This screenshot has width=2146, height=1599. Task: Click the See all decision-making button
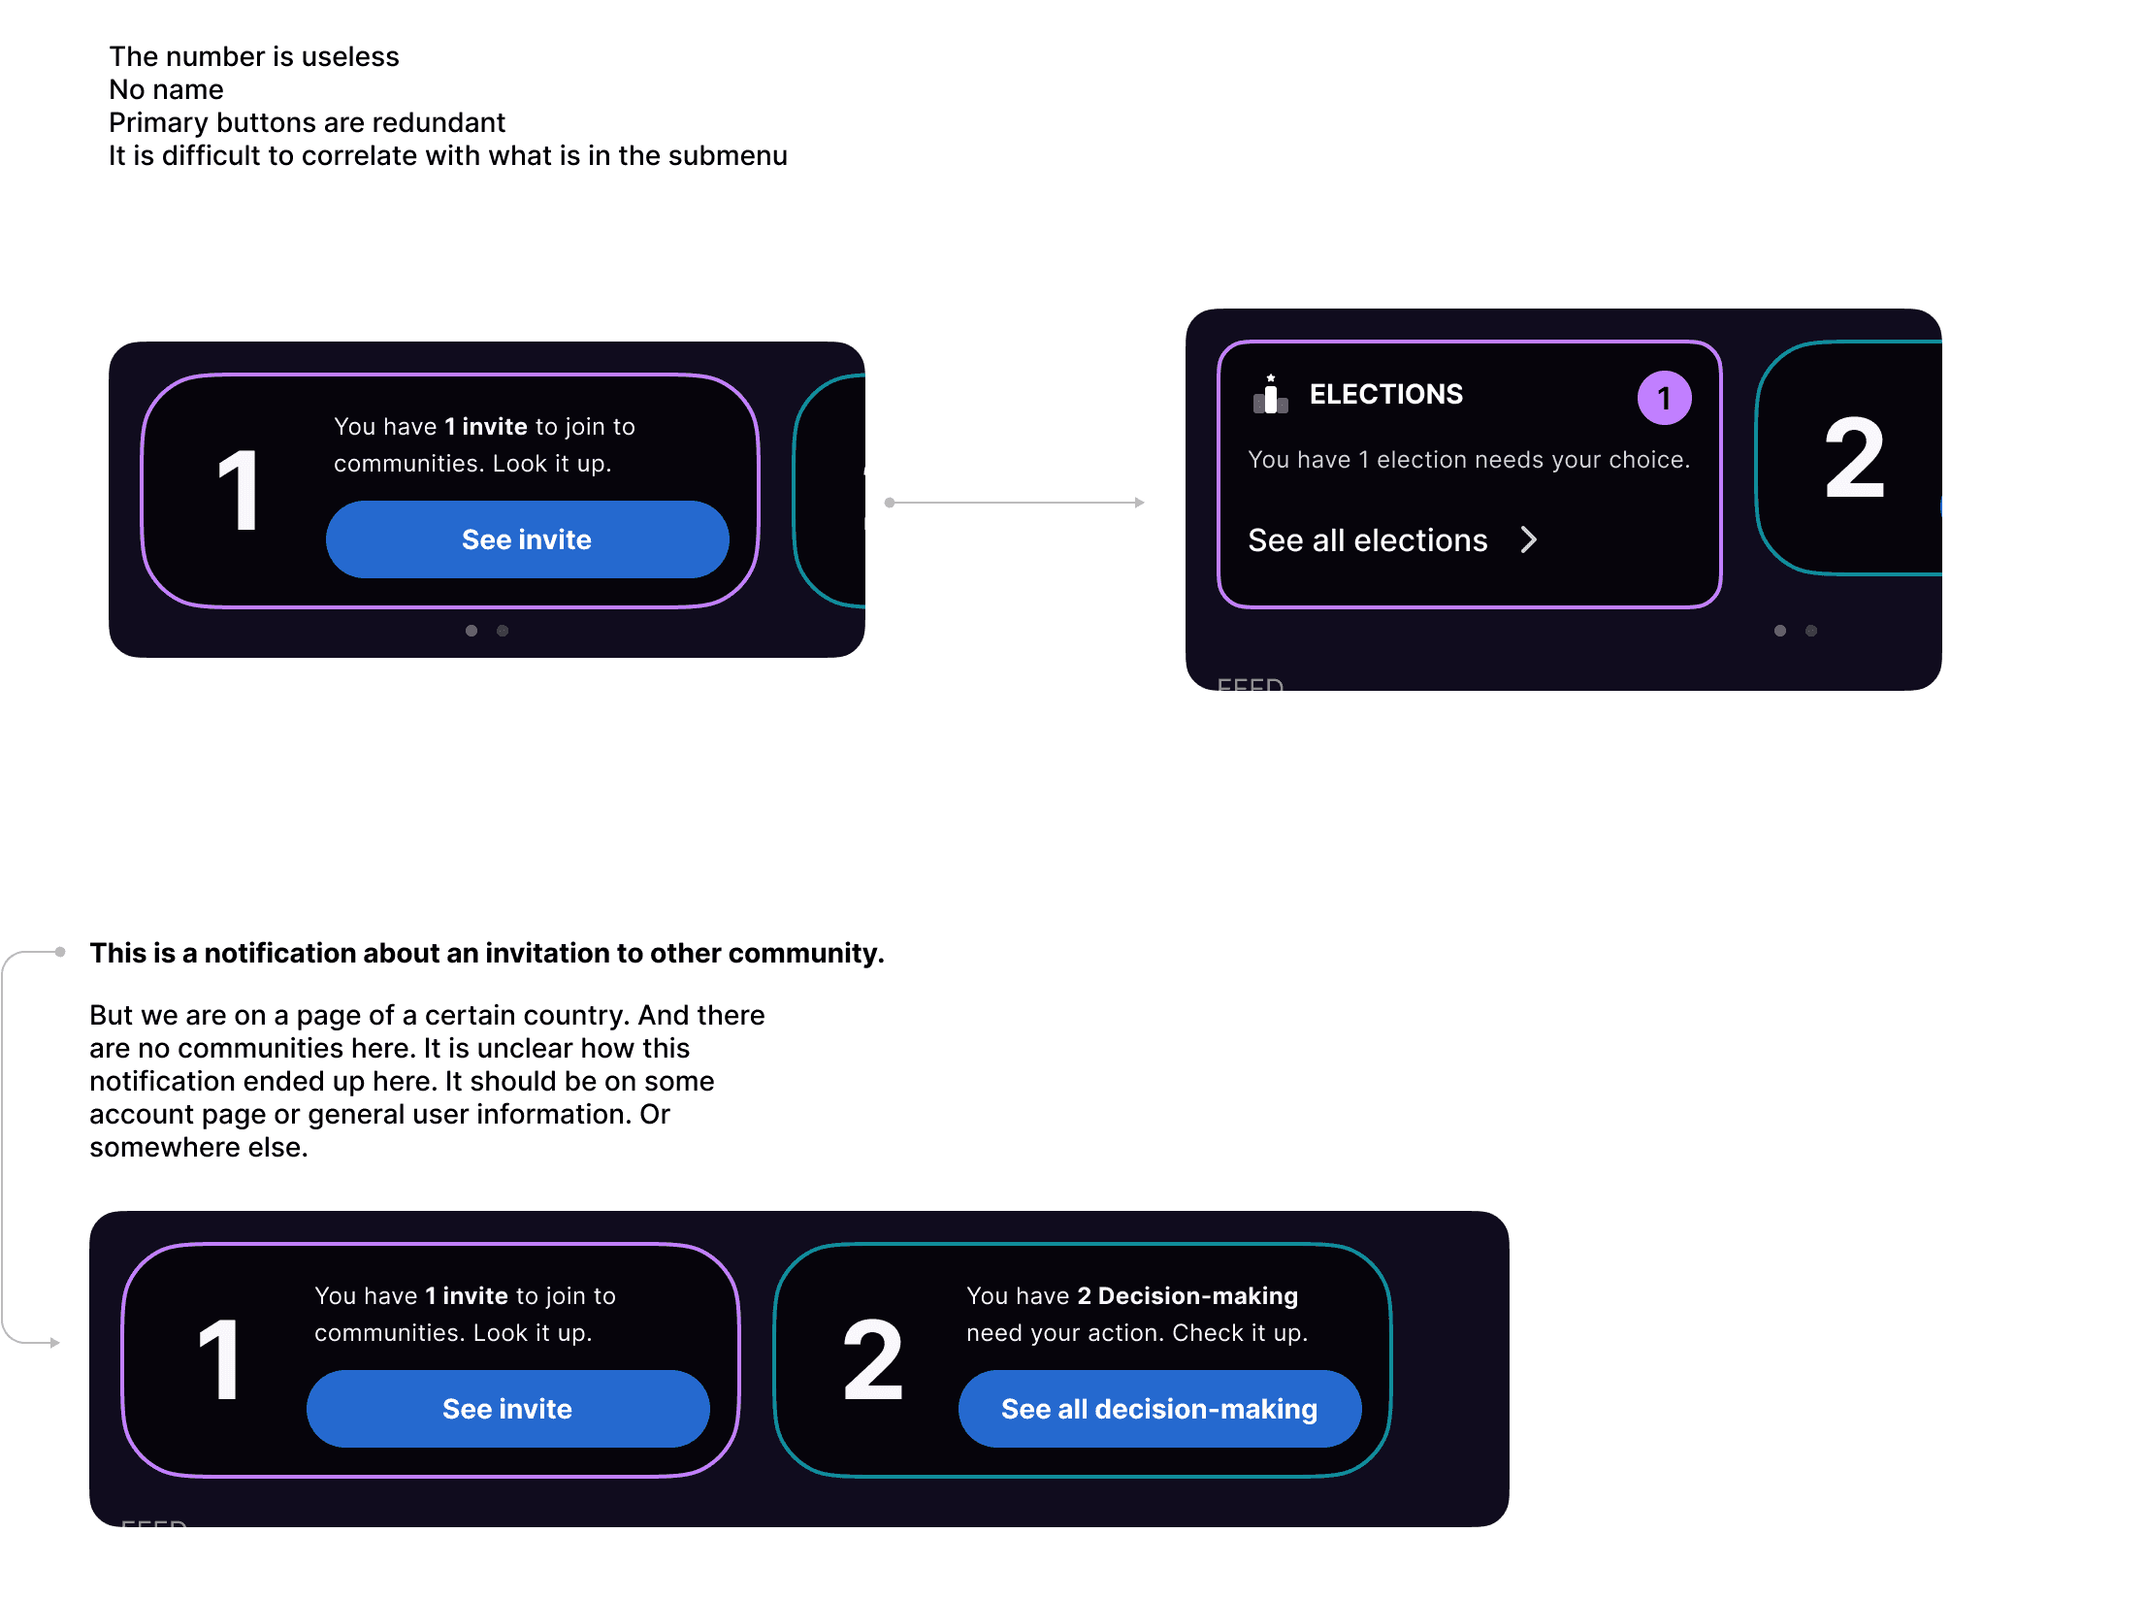(x=1159, y=1409)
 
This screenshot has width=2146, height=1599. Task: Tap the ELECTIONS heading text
(x=1385, y=394)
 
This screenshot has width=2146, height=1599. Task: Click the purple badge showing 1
(x=1664, y=398)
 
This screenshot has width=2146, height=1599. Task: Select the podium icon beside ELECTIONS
(x=1270, y=394)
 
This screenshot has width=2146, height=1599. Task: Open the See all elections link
(x=1367, y=540)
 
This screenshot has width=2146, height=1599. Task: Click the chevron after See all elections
(x=1529, y=539)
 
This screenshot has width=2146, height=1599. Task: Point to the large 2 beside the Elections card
(x=1854, y=458)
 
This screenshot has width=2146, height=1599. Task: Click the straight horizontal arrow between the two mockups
(x=1015, y=503)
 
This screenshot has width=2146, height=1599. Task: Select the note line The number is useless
(x=254, y=56)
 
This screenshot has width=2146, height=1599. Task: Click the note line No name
(x=166, y=89)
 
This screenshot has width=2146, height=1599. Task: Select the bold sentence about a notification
(x=487, y=953)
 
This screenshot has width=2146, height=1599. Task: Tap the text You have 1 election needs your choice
(x=1468, y=460)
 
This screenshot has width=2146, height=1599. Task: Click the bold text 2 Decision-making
(x=1187, y=1296)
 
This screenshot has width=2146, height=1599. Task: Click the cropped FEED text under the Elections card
(x=1250, y=684)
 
